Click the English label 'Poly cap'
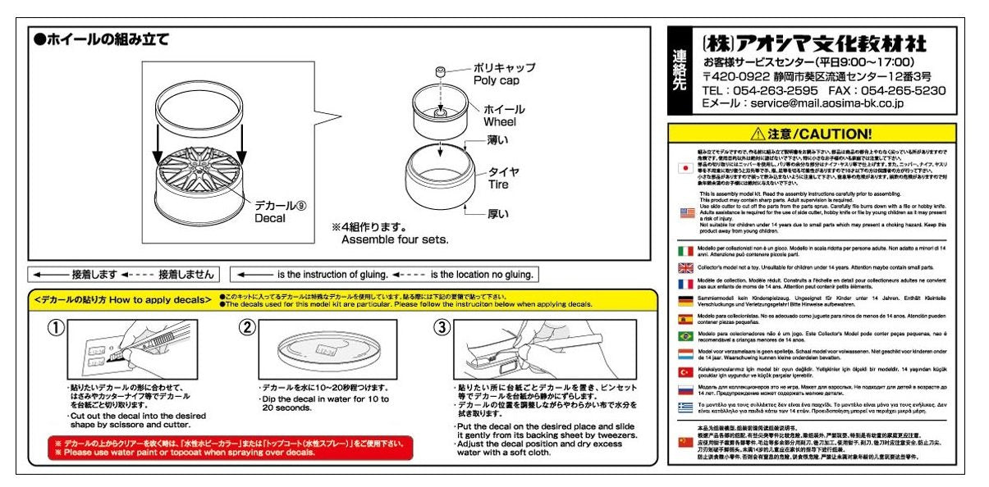coord(497,80)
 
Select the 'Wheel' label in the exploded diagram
coord(500,122)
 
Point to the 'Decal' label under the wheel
coord(270,218)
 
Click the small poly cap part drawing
coord(441,71)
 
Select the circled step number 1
coord(55,328)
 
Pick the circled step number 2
coord(248,328)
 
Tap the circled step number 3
coord(442,328)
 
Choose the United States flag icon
coord(685,213)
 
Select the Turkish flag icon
coord(685,371)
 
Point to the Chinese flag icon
coord(685,442)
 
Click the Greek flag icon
coord(685,407)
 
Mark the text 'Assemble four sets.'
coord(395,240)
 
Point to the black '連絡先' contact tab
coord(680,71)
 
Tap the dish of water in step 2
coord(321,348)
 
